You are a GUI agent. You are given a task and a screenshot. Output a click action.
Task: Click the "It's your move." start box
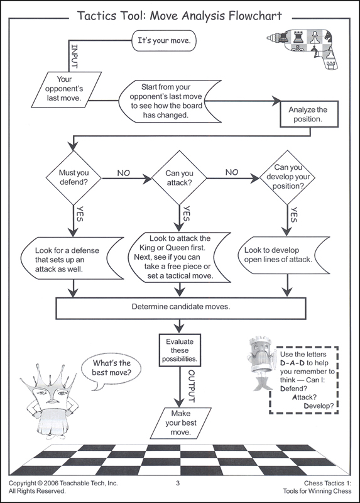tap(164, 41)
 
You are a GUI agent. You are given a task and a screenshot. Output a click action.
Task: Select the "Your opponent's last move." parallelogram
tap(67, 89)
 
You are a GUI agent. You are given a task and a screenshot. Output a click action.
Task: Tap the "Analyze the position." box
tap(309, 114)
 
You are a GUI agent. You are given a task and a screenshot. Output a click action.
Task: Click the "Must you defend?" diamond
tap(74, 177)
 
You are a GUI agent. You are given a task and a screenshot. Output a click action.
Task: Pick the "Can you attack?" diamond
tap(179, 178)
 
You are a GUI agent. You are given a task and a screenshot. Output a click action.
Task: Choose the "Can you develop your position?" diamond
tap(287, 177)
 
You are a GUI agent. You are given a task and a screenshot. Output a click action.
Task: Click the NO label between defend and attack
tap(123, 174)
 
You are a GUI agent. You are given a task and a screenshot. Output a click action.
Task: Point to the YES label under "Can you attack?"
tap(186, 214)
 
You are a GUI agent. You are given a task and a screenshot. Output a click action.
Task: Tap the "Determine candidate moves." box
tap(181, 308)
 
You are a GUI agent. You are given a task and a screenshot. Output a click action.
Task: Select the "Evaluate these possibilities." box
tap(180, 350)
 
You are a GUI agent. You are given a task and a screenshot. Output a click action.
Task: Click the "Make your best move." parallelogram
tap(181, 423)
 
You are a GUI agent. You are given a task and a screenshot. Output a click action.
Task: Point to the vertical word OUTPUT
tap(191, 386)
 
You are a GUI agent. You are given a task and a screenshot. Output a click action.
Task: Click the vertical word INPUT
tap(74, 56)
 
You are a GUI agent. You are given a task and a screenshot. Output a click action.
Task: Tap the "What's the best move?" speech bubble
tap(112, 368)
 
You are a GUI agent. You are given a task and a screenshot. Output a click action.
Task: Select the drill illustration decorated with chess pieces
tap(303, 47)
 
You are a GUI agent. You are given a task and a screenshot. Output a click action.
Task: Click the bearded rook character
tap(261, 363)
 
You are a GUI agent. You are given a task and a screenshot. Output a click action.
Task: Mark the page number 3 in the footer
tap(178, 483)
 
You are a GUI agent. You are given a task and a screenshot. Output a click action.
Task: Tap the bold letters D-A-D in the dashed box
tap(292, 363)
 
